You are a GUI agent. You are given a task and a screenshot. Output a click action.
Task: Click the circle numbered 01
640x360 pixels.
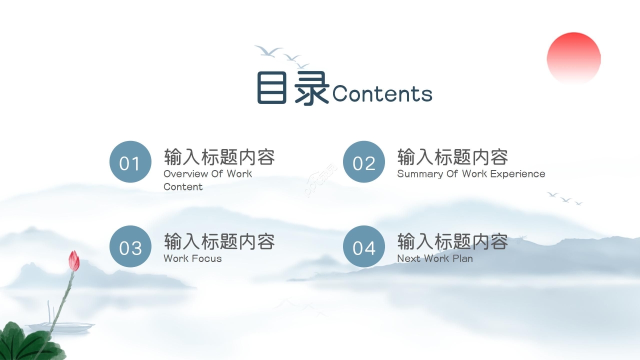[130, 162]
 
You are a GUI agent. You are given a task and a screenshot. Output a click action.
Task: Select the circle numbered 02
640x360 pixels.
[363, 162]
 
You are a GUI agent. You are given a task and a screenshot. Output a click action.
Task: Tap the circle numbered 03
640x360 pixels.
[130, 246]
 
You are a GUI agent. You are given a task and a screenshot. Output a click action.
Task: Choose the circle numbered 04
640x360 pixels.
[363, 246]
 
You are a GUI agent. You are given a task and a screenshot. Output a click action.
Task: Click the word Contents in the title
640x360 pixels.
[382, 93]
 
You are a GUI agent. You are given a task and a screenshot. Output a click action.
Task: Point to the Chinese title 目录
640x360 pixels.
[293, 88]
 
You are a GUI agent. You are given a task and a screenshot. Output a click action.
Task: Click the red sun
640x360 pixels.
[573, 57]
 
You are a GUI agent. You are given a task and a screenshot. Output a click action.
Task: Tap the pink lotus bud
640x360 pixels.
[74, 260]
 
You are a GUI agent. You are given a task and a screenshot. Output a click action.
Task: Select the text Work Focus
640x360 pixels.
[192, 258]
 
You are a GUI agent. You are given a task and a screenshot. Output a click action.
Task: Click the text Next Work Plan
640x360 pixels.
[434, 258]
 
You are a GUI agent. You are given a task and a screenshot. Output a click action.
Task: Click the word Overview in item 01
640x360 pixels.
[186, 174]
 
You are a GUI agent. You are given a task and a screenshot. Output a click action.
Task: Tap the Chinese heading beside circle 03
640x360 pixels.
[219, 242]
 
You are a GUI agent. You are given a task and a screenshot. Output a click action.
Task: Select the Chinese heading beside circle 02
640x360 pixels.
[452, 157]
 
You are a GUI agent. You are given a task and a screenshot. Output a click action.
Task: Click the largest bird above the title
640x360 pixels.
[268, 50]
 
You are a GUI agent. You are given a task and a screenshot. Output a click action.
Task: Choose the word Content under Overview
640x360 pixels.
[183, 187]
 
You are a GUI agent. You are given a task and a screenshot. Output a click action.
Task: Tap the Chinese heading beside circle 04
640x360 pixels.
[452, 242]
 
